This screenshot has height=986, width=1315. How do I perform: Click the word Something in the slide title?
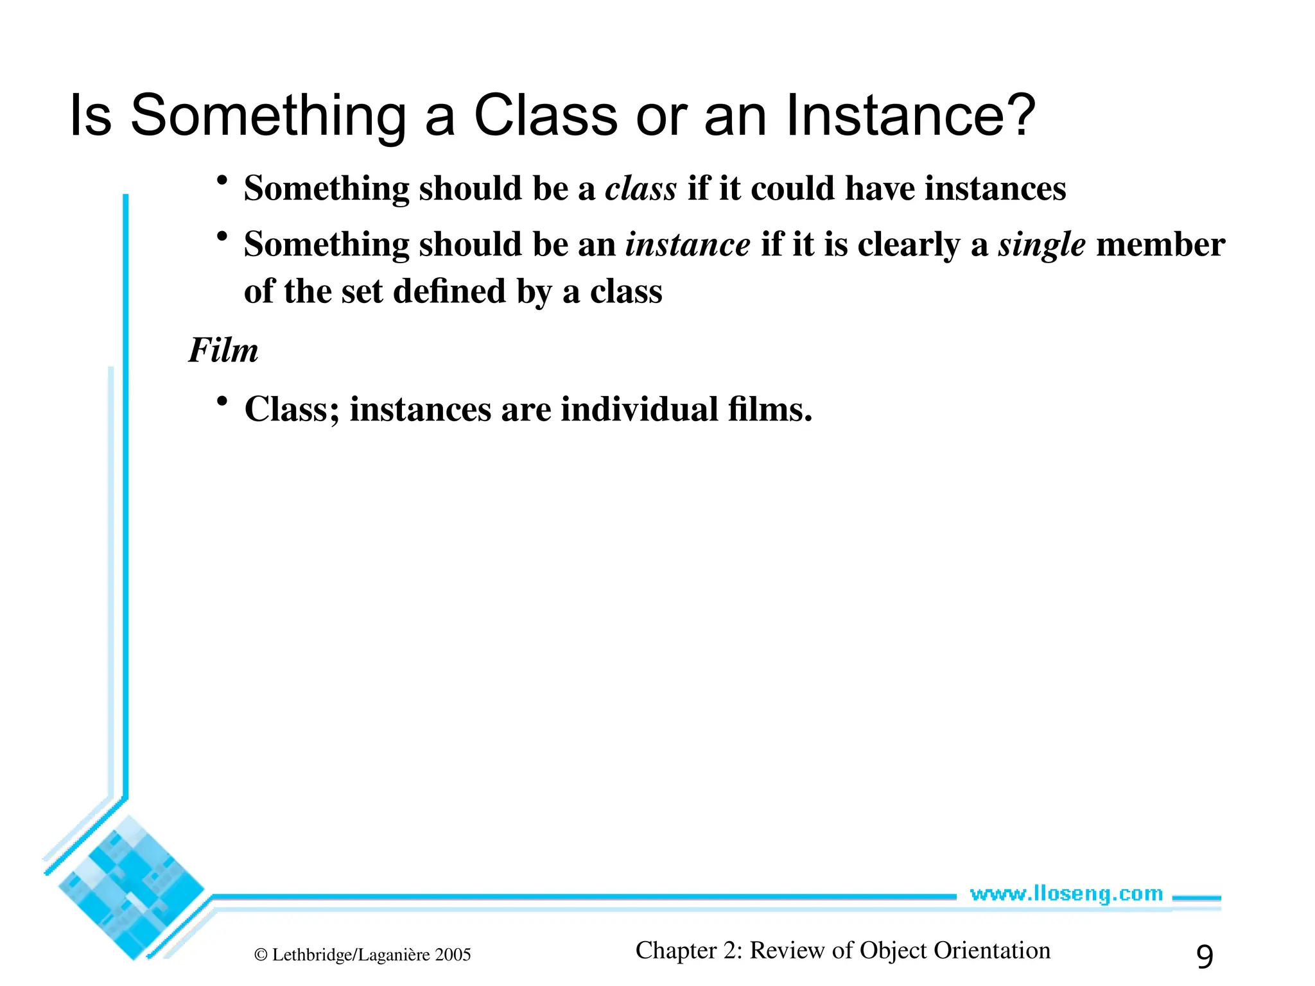pos(268,116)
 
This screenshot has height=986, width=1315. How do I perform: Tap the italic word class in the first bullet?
pos(641,189)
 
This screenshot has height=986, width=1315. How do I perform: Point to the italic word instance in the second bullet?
pos(688,245)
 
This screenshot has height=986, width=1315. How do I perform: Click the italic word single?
pos(1041,245)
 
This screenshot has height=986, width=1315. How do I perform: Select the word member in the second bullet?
pos(1160,245)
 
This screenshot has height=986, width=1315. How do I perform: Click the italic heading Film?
pos(223,350)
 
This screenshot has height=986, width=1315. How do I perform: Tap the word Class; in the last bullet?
pos(292,409)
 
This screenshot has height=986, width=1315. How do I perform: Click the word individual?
pos(640,409)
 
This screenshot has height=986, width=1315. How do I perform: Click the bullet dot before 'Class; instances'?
pos(222,402)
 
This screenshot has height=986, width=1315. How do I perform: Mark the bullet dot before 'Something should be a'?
pos(222,181)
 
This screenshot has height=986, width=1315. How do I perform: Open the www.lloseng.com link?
pos(1066,894)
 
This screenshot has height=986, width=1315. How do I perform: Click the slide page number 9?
pos(1205,956)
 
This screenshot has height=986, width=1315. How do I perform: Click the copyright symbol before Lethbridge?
pos(261,955)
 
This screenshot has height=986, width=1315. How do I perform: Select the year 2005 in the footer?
pos(453,955)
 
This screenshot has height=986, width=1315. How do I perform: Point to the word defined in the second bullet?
pos(449,292)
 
